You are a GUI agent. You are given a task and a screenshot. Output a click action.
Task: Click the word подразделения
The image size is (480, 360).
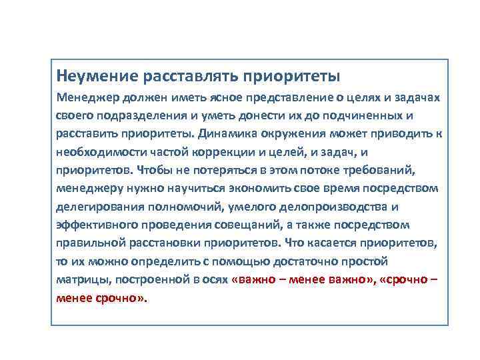pyautogui.click(x=136, y=115)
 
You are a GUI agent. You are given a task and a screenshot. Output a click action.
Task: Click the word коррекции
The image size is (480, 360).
pyautogui.click(x=222, y=151)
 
